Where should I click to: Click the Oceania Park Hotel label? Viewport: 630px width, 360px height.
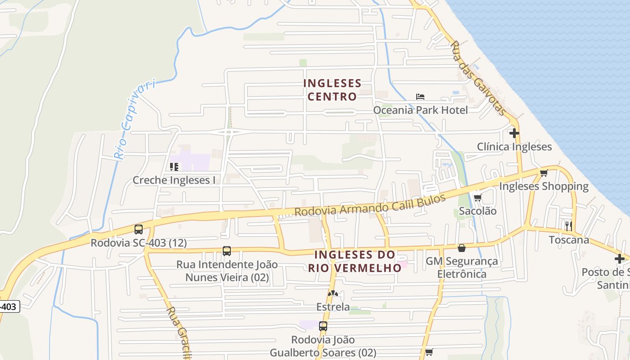pos(420,110)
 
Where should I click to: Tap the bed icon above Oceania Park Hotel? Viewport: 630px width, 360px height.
pos(420,97)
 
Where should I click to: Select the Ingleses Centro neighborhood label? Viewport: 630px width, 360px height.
pos(332,90)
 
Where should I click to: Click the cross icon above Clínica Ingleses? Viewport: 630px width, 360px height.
pos(514,133)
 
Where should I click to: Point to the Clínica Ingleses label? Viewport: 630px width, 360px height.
pos(514,147)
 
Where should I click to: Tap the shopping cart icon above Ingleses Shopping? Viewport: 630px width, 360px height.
pos(544,173)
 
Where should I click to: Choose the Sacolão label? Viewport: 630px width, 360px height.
pos(477,211)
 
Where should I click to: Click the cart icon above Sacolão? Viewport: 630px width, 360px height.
pos(477,197)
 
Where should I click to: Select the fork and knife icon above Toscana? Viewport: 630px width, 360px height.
pos(569,226)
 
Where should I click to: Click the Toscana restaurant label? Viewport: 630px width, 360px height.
pos(569,239)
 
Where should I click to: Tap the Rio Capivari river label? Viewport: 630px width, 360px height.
pos(135,119)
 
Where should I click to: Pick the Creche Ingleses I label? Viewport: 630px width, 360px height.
pos(174,180)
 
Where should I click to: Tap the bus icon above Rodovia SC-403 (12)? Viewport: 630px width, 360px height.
pos(139,229)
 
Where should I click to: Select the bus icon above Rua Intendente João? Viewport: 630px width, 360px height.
pos(227,251)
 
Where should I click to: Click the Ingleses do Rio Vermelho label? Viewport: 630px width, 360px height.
pos(355,261)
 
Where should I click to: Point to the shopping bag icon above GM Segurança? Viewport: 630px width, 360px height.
pos(461,248)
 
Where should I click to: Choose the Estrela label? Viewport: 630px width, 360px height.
pos(333,307)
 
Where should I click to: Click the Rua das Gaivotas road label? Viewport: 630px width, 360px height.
pos(478,78)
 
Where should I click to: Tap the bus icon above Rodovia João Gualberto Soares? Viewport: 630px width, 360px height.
pos(323,326)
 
